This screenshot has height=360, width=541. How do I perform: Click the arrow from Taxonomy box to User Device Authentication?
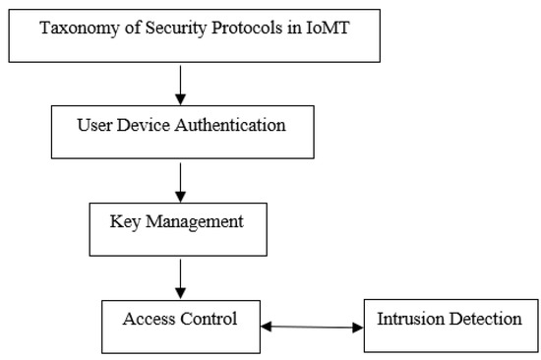pos(180,83)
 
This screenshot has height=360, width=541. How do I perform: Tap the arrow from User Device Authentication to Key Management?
pos(180,180)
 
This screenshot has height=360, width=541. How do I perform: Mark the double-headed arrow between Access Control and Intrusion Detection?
pos(312,327)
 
